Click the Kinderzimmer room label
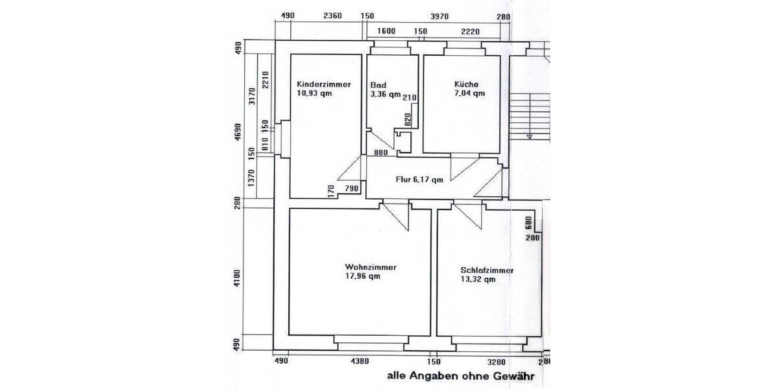click(324, 84)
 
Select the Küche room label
click(467, 84)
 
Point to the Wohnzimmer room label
click(371, 267)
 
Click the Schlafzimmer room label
click(487, 270)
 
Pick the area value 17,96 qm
click(363, 276)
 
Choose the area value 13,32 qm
click(478, 280)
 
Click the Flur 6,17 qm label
click(419, 180)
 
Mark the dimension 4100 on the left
click(238, 279)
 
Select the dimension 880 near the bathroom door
click(381, 154)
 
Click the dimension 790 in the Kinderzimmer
click(351, 189)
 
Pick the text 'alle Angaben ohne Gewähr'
click(460, 375)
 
